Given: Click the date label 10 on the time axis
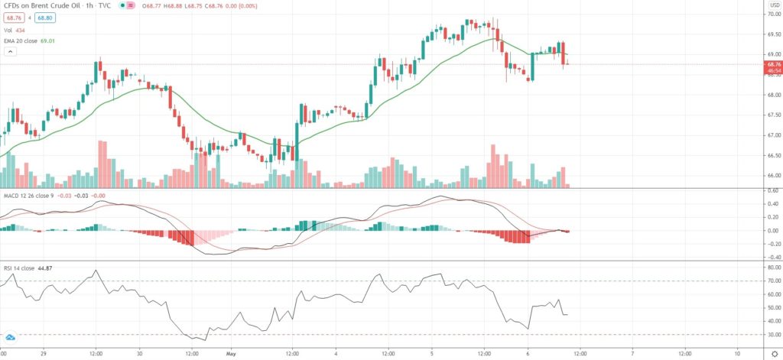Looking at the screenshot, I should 737,354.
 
